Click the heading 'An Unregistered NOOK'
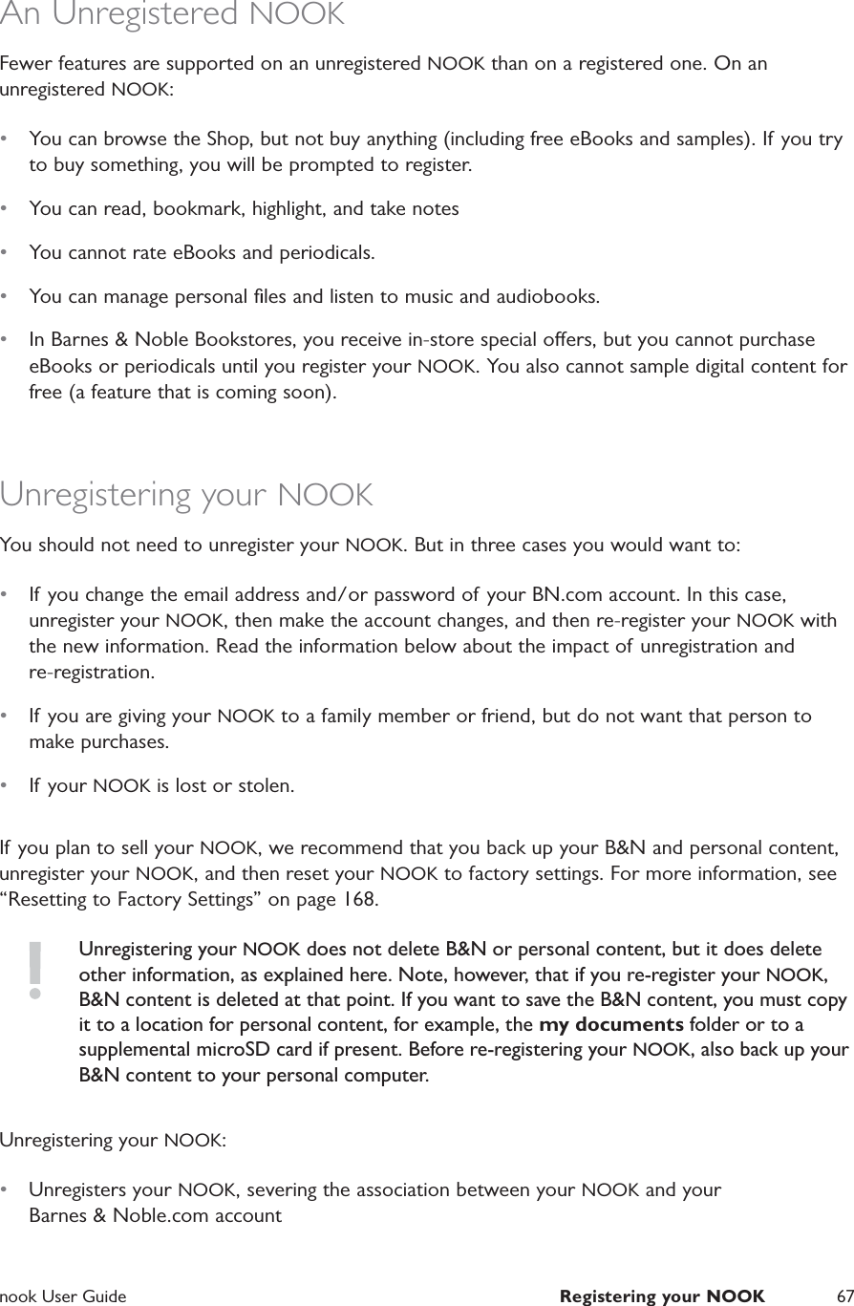click(172, 15)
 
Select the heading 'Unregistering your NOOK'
click(186, 496)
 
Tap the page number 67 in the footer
click(843, 1296)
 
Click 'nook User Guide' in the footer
click(63, 1296)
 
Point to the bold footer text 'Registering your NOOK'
click(662, 1296)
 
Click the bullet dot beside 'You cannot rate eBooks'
click(8, 253)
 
